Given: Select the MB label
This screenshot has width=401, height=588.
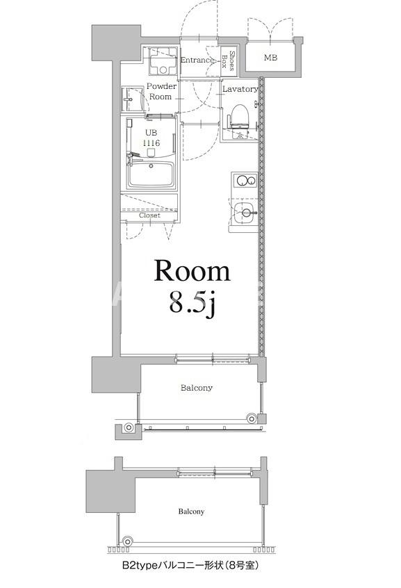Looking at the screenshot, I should point(270,58).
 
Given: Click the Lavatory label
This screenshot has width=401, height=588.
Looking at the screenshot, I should point(240,90).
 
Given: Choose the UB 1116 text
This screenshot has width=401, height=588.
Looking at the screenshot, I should point(152,138).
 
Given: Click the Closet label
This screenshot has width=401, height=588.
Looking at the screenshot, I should point(149,215).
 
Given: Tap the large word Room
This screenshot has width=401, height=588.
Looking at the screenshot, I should point(191,271).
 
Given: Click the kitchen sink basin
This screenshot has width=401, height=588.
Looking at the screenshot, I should point(243,215).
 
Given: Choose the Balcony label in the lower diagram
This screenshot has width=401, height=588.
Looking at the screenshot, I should point(190,512).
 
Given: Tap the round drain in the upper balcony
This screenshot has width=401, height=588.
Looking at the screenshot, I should point(251,418).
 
